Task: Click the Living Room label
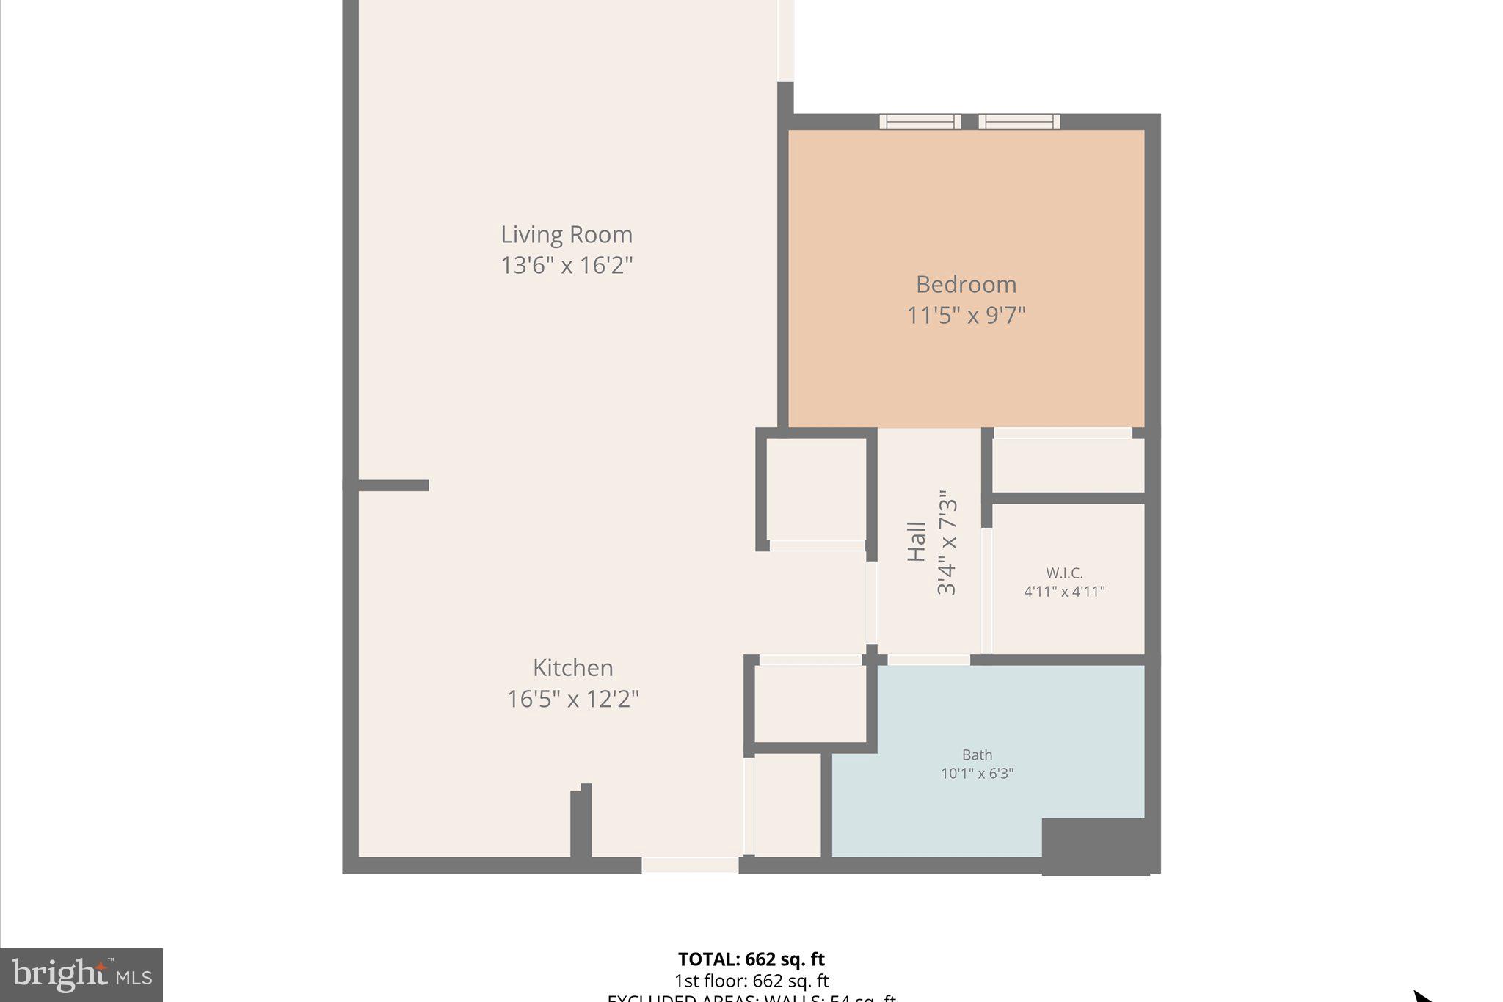click(567, 235)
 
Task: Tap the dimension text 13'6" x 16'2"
click(567, 265)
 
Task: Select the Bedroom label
click(966, 285)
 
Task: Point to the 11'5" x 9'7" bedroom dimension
click(966, 316)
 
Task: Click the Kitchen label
click(572, 668)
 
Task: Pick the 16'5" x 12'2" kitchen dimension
click(572, 699)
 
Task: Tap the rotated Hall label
click(917, 542)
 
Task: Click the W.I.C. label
click(1064, 573)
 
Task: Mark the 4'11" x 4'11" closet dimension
click(1064, 592)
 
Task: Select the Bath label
click(977, 755)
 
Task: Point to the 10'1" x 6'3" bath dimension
click(977, 774)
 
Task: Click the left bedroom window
click(920, 122)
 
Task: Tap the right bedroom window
click(1019, 122)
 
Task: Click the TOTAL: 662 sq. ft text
click(751, 959)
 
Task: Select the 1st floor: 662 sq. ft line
click(751, 981)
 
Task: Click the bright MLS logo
click(81, 975)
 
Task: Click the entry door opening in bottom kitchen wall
click(690, 865)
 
